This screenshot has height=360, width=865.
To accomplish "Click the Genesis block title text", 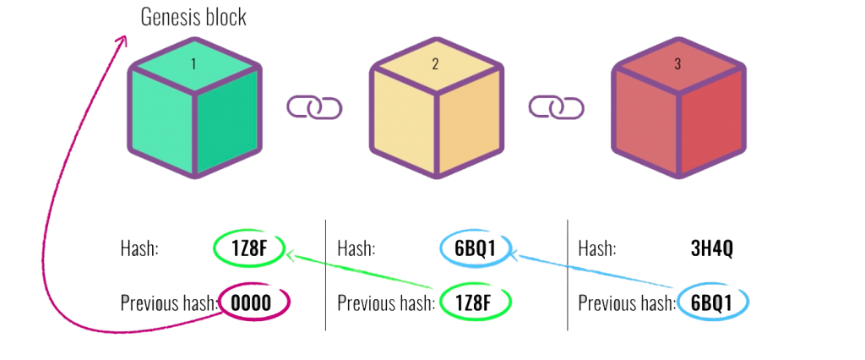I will point(193,17).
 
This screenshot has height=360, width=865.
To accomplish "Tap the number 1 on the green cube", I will point(194,63).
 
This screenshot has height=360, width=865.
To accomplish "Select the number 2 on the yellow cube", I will point(435,63).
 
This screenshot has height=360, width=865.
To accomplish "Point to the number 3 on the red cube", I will point(677,63).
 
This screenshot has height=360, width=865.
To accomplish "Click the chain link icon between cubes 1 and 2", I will point(314,107).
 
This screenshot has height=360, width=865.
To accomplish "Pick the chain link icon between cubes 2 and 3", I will point(557,107).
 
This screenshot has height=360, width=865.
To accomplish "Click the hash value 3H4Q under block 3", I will point(713,248).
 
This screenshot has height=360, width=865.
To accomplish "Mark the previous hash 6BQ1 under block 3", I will point(712,302).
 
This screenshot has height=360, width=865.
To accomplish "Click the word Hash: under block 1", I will point(139,249).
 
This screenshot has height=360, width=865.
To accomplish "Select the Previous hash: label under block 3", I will point(626,303).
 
